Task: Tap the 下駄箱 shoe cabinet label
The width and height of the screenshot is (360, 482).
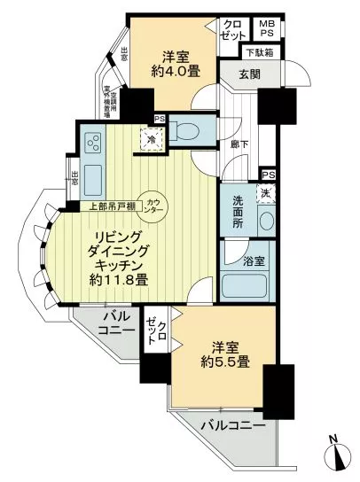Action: click(x=259, y=53)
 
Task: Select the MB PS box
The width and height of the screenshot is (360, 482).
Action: click(x=267, y=28)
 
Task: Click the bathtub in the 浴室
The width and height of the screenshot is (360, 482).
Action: click(x=245, y=287)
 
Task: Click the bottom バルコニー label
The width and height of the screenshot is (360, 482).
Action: click(x=233, y=426)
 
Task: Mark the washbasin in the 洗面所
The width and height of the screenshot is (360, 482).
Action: click(x=266, y=220)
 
